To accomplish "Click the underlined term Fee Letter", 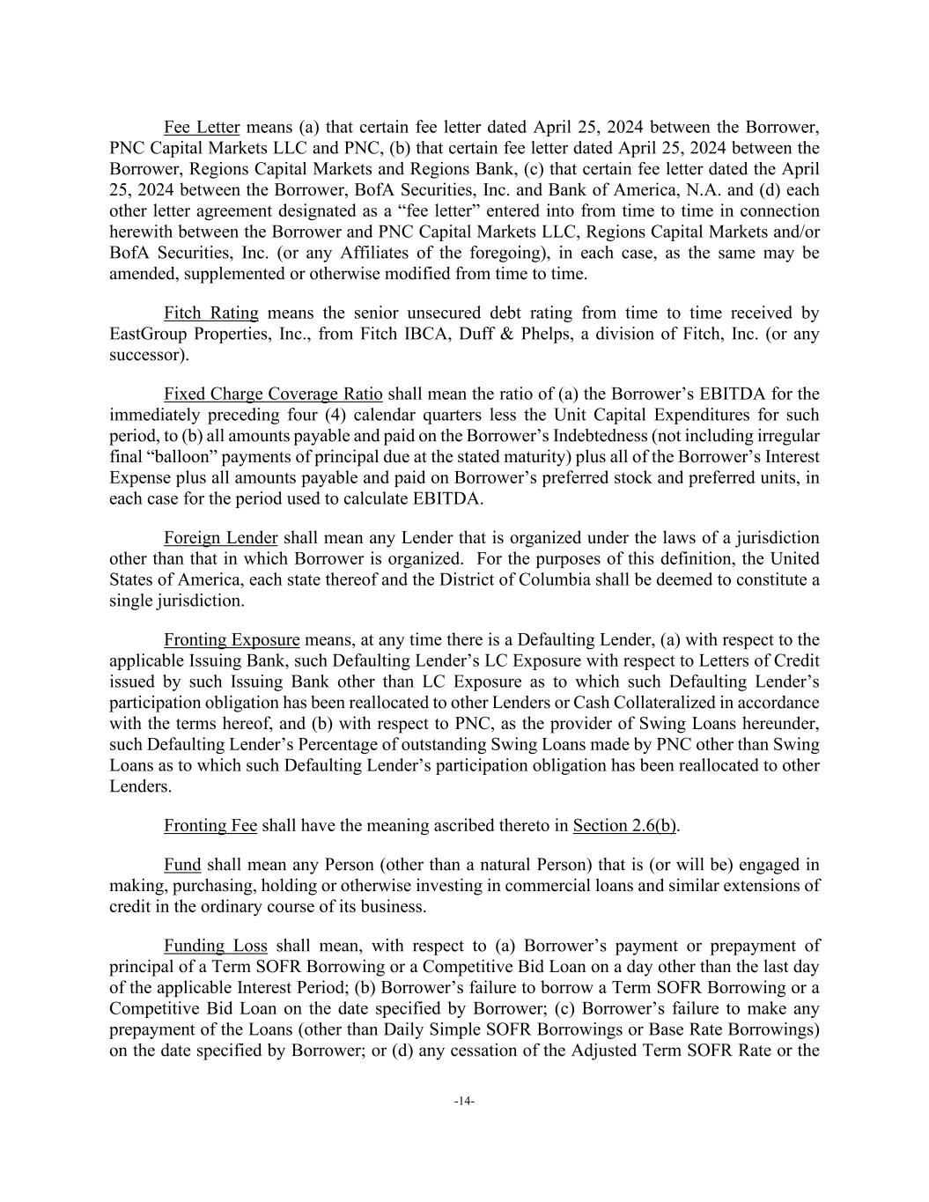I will click(x=202, y=127).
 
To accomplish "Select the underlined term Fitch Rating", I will click(x=210, y=313).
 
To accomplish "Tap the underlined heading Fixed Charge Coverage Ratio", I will click(x=273, y=394).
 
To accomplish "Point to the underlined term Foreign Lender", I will click(x=220, y=538).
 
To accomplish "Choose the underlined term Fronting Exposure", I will click(x=232, y=639).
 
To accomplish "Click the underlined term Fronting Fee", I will click(x=210, y=825).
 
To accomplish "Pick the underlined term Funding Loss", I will click(x=215, y=946).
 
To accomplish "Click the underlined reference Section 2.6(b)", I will click(x=625, y=825).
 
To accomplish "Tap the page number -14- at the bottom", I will click(x=464, y=1101).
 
